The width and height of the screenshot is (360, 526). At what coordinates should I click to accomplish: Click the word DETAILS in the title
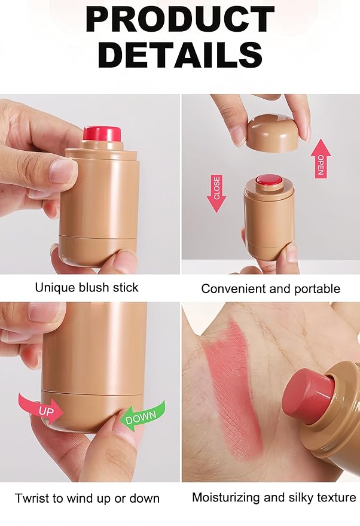tap(180, 54)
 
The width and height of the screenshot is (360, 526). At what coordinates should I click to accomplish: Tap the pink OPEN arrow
tap(321, 159)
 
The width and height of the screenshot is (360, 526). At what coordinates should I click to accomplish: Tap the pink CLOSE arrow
tap(216, 193)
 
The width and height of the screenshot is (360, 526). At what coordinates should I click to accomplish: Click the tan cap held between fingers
tap(272, 133)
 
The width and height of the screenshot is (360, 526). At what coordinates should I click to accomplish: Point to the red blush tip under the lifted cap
tap(269, 181)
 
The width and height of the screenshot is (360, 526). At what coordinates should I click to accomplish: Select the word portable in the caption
tap(317, 289)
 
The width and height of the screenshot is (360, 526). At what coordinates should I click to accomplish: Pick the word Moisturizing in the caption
tap(225, 497)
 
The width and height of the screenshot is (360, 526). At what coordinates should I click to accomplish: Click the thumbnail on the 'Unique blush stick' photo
tap(62, 171)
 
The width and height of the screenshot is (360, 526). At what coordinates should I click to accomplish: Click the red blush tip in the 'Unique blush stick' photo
tap(102, 134)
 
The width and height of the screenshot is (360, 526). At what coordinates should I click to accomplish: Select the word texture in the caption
tap(337, 497)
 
